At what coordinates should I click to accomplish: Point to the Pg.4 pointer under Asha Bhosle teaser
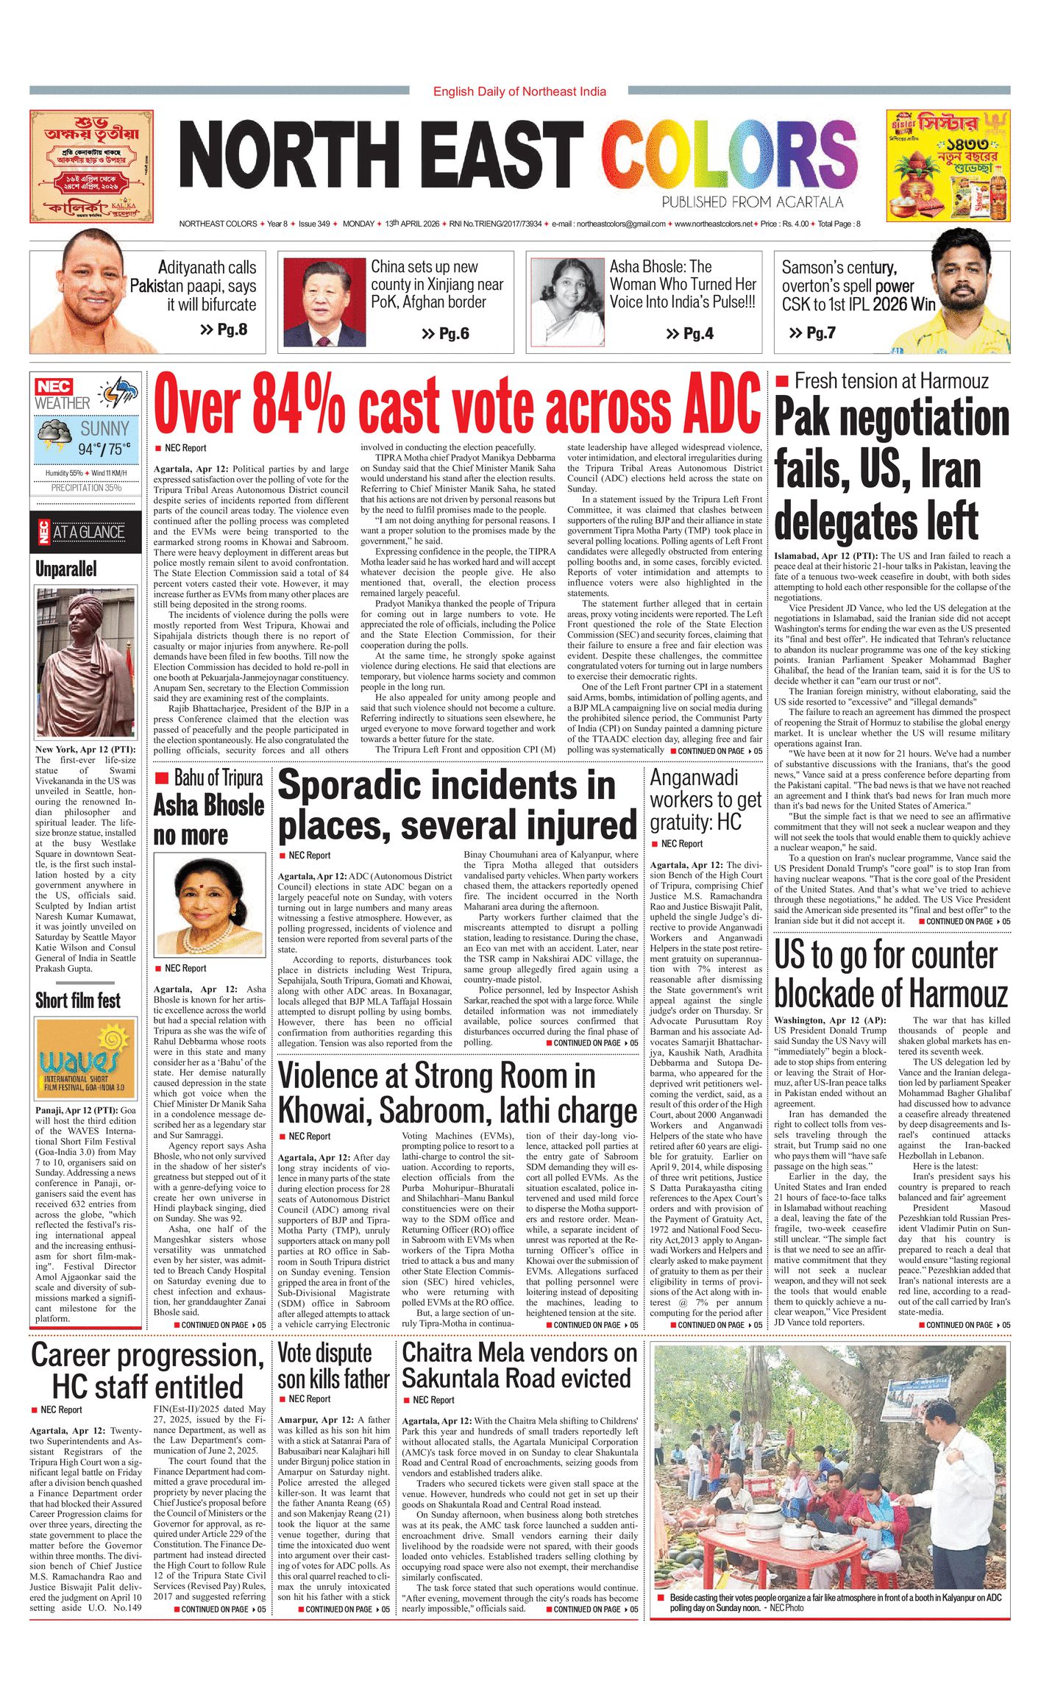[x=689, y=334]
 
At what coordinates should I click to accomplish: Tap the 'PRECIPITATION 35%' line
[x=86, y=488]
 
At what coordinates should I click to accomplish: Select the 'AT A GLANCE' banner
[x=85, y=533]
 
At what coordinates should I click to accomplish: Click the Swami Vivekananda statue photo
[x=86, y=663]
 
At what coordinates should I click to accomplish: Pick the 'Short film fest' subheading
[x=78, y=1000]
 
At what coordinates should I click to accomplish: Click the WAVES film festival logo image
[x=86, y=1059]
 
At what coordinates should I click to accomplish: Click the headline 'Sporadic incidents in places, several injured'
[x=456, y=805]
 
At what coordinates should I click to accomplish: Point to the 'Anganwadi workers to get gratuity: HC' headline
[x=706, y=800]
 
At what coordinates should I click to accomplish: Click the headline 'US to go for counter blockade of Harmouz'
[x=891, y=975]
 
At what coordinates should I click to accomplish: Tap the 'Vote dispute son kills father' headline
[x=333, y=1367]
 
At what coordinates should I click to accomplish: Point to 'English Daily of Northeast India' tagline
[x=519, y=92]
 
